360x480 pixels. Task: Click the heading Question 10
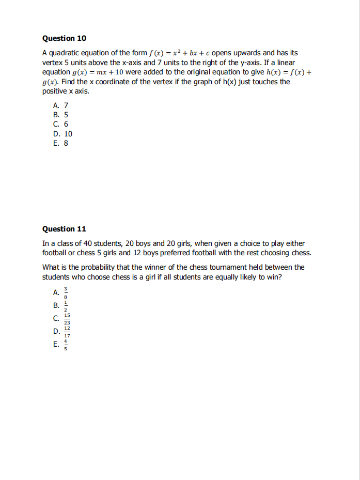click(64, 38)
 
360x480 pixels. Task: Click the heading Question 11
click(64, 229)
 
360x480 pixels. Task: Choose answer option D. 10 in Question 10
click(62, 134)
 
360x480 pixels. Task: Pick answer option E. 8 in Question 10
click(60, 143)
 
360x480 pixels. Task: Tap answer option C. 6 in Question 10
click(60, 124)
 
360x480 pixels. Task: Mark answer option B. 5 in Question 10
click(60, 115)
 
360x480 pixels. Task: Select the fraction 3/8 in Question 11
click(66, 292)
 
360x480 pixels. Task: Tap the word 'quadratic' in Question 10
click(66, 53)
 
